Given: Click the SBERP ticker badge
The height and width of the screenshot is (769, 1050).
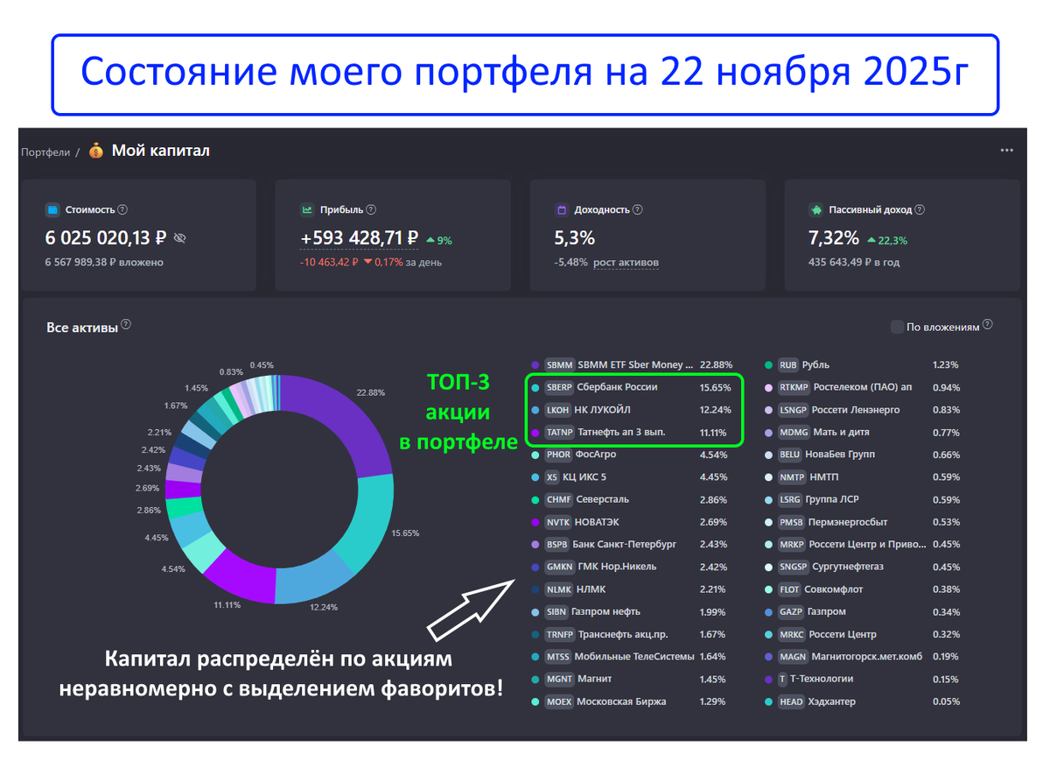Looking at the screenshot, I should pyautogui.click(x=558, y=387).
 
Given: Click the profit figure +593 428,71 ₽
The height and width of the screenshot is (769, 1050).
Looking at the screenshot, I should pyautogui.click(x=359, y=238).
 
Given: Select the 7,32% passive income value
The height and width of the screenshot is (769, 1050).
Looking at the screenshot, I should pyautogui.click(x=833, y=237).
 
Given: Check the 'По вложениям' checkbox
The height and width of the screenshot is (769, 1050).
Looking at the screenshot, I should pyautogui.click(x=897, y=327).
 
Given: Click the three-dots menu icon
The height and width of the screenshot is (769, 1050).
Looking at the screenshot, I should pyautogui.click(x=1007, y=150).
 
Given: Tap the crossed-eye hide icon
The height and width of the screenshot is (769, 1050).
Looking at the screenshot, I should pyautogui.click(x=180, y=237).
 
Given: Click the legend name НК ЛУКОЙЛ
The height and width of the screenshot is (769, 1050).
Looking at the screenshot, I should pyautogui.click(x=602, y=410).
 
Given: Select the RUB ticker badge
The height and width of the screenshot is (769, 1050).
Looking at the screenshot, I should pyautogui.click(x=787, y=364).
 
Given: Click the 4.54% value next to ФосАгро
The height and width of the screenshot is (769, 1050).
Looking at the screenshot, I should pyautogui.click(x=713, y=455).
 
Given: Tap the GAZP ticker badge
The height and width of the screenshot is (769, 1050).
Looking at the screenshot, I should pyautogui.click(x=789, y=611).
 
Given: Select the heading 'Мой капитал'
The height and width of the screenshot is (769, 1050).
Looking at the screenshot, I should pyautogui.click(x=160, y=151).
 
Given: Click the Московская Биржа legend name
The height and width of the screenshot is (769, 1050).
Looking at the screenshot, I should pyautogui.click(x=621, y=702).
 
